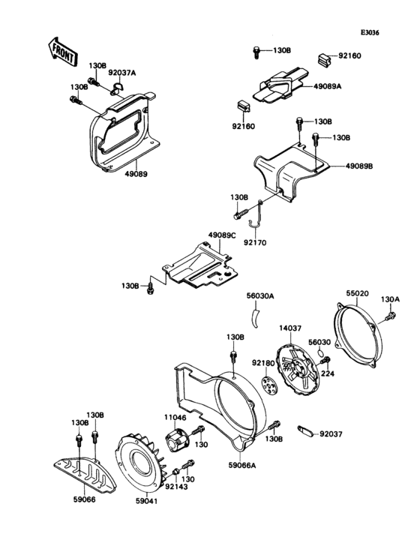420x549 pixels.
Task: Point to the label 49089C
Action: coord(222,235)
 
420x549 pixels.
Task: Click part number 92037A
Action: coord(121,73)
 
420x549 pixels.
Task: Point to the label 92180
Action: coord(262,363)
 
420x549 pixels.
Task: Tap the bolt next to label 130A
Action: coord(388,319)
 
